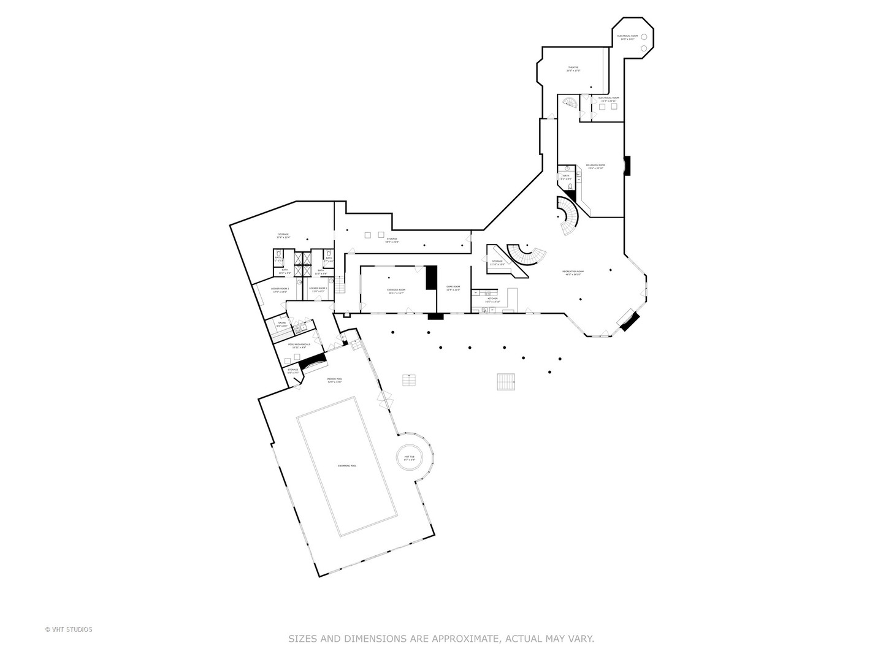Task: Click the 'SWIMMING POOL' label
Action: pyautogui.click(x=346, y=466)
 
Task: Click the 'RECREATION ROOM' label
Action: pyautogui.click(x=573, y=273)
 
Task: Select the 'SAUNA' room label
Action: pyautogui.click(x=282, y=324)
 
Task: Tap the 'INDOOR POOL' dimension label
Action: pyautogui.click(x=335, y=380)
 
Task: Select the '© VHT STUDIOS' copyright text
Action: pyautogui.click(x=69, y=630)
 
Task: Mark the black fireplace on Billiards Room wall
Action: pyautogui.click(x=627, y=165)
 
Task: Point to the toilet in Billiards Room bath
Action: pyautogui.click(x=570, y=186)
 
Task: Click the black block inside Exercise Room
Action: pyautogui.click(x=430, y=277)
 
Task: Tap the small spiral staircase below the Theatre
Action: pyautogui.click(x=570, y=103)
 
